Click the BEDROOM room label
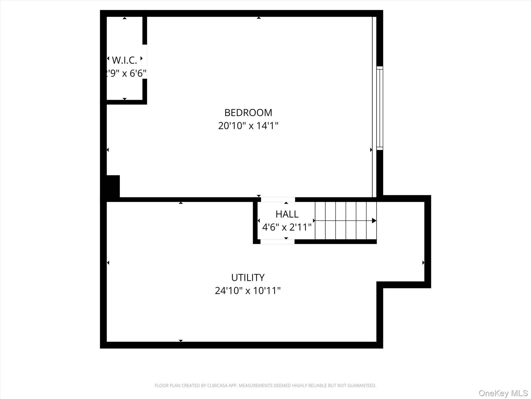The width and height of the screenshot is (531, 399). pos(248,113)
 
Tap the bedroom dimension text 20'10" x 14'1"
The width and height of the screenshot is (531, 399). pos(248,126)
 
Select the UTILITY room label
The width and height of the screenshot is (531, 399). pos(248,278)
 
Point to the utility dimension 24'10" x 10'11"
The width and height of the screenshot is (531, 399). pos(248,291)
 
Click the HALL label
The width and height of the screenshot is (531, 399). pos(287,214)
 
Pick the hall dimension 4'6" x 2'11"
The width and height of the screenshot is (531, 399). pos(287,227)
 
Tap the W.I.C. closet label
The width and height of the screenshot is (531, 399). pos(124,60)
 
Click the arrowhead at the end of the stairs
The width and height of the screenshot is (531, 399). pos(374,221)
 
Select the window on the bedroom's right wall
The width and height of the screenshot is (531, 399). pos(380,108)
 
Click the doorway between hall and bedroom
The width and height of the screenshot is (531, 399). pos(278,199)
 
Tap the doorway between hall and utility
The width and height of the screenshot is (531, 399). pos(277,242)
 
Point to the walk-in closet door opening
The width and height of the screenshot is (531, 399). pos(145,62)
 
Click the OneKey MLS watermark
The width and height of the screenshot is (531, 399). pos(503,393)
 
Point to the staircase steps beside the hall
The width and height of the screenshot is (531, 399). pos(345,221)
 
